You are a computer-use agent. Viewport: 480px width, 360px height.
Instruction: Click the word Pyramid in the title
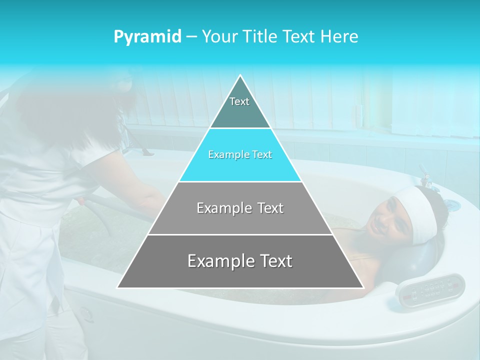point(147,37)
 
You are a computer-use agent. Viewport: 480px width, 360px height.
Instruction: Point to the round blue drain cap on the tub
point(451,204)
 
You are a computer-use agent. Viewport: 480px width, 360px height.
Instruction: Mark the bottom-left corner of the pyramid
point(117,287)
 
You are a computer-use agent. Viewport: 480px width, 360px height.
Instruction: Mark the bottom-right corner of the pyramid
point(363,287)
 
